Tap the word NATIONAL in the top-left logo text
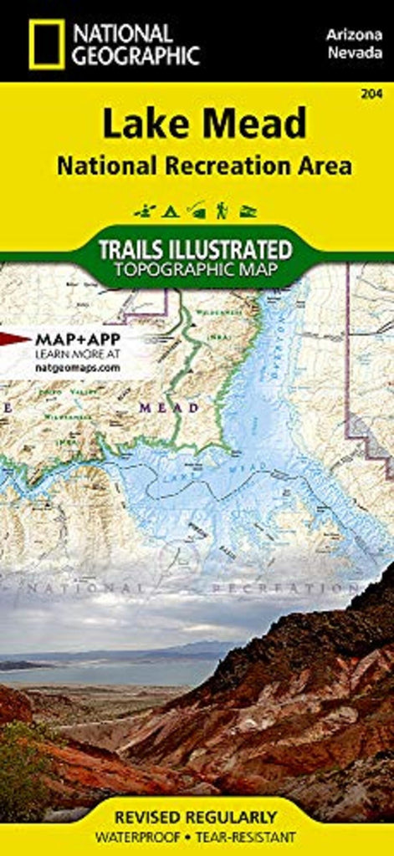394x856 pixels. pos(122,34)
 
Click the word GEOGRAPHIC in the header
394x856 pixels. pos(136,56)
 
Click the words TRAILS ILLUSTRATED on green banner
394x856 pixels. pos(197,249)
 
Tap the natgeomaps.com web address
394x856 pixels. pos(78,367)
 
